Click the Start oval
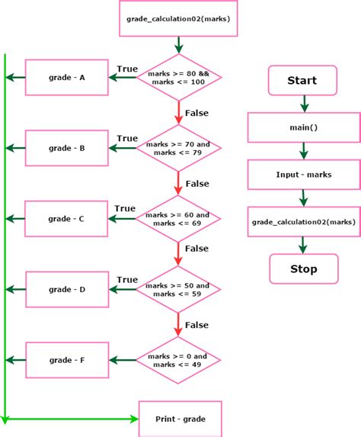tap(302, 80)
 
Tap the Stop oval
tap(302, 268)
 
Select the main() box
tap(303, 127)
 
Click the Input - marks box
tap(303, 175)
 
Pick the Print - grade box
tap(180, 419)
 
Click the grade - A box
tap(67, 77)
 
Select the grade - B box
tap(67, 148)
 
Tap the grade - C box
tap(67, 219)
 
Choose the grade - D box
tap(67, 289)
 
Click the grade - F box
tap(67, 360)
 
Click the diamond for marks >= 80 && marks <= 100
tap(179, 77)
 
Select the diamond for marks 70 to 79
tap(179, 148)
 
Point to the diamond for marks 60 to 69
tap(179, 219)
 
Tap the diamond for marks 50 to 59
tap(179, 289)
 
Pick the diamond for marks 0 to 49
tap(179, 360)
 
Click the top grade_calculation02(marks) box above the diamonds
tap(179, 19)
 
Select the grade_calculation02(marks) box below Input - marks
tap(303, 222)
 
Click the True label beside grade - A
tap(127, 69)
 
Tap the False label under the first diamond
tap(196, 113)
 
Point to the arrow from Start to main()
tap(303, 103)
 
